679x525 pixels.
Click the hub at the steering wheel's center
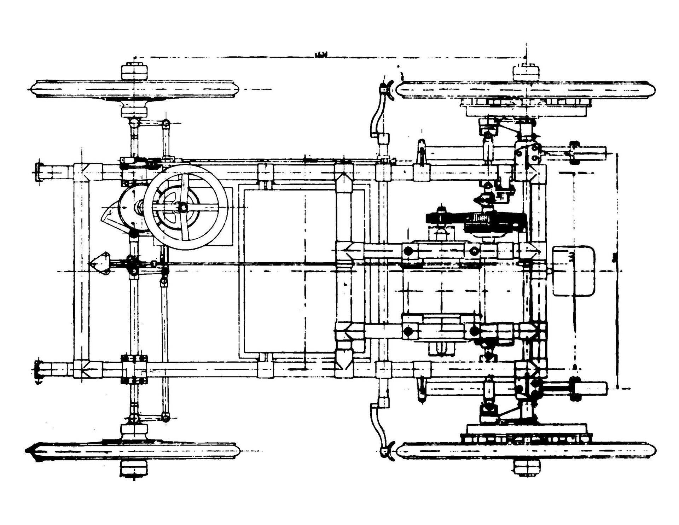coord(183,208)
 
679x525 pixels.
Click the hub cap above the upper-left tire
coord(134,72)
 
